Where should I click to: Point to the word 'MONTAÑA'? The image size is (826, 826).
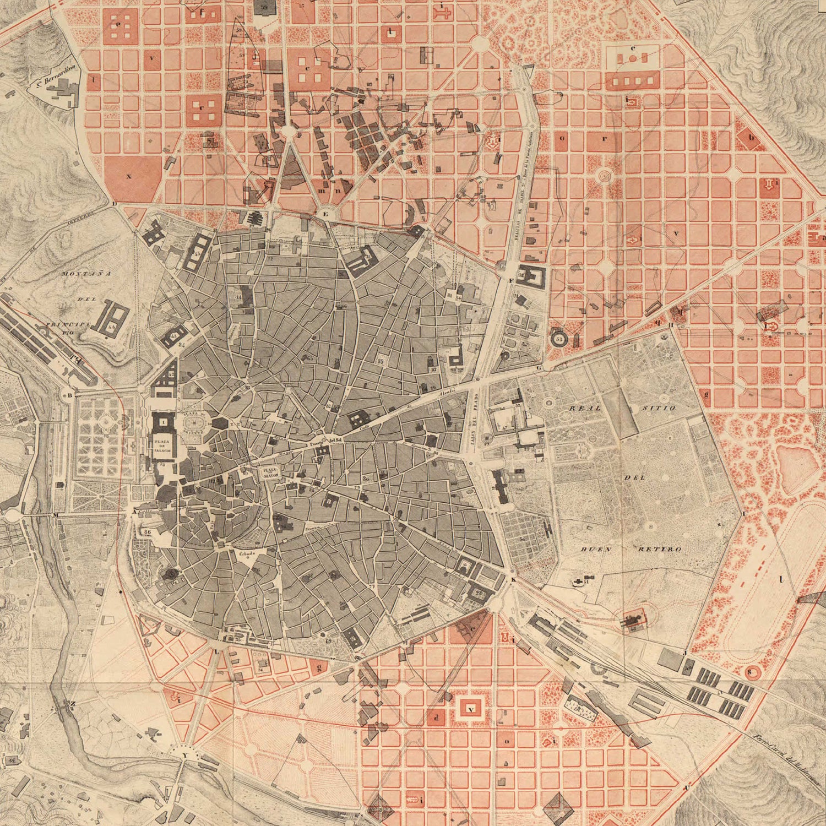pyautogui.click(x=79, y=273)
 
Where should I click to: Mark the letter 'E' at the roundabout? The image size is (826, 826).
pyautogui.click(x=325, y=214)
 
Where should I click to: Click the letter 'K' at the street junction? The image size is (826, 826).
pyautogui.click(x=513, y=580)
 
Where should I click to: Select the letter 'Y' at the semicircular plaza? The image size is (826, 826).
pyautogui.click(x=184, y=755)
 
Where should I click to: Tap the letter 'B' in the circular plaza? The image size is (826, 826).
pyautogui.click(x=69, y=394)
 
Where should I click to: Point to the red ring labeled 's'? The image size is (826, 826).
pyautogui.click(x=749, y=672)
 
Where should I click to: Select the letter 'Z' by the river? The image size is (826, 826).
pyautogui.click(x=73, y=703)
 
